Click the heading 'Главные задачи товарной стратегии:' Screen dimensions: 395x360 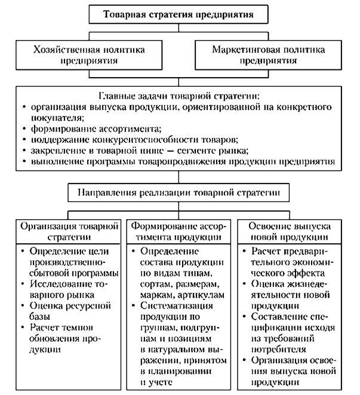tap(179, 96)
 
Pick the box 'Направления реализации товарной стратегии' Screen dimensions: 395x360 tap(179, 194)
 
